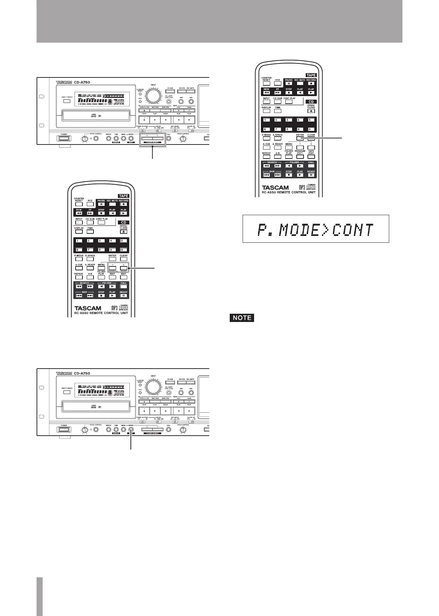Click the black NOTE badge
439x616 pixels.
coord(242,317)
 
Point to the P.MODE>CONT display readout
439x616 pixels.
coord(316,229)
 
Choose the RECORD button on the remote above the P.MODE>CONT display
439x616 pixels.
coord(311,83)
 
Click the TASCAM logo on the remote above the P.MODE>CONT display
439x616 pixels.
coord(275,187)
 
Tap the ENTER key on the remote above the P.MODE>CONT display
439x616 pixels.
coord(300,138)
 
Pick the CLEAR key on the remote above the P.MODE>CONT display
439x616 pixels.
coord(311,138)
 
